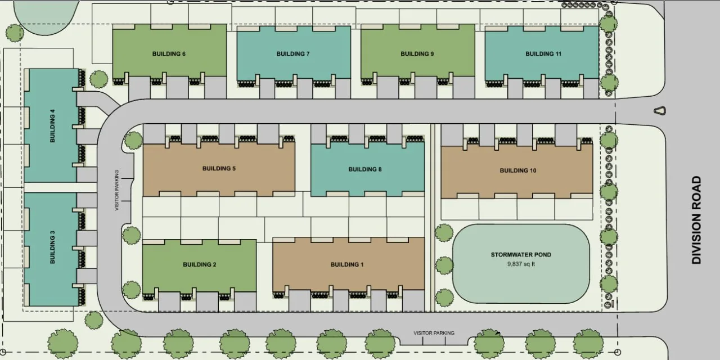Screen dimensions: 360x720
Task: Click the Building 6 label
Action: tap(169, 54)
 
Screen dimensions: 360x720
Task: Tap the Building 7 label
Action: tap(293, 54)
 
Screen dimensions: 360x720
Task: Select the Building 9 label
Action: tap(417, 54)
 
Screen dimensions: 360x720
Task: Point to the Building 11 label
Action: tap(543, 54)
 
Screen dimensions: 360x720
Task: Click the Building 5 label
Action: tap(219, 169)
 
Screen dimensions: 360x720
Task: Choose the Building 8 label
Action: tap(365, 169)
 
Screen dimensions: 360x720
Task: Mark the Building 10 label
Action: tap(517, 170)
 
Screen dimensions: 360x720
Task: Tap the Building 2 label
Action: tap(199, 264)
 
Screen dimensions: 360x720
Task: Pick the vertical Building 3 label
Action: tap(52, 250)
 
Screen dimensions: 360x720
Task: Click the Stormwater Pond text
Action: tap(521, 255)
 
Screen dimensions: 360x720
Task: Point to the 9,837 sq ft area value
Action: tap(521, 264)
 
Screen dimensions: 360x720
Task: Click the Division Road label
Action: tap(696, 220)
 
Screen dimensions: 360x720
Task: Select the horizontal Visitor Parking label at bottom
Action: tap(434, 333)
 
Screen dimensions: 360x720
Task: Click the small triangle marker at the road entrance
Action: tap(660, 111)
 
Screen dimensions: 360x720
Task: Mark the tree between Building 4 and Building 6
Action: tap(99, 79)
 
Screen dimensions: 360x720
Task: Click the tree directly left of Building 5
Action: tap(133, 140)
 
